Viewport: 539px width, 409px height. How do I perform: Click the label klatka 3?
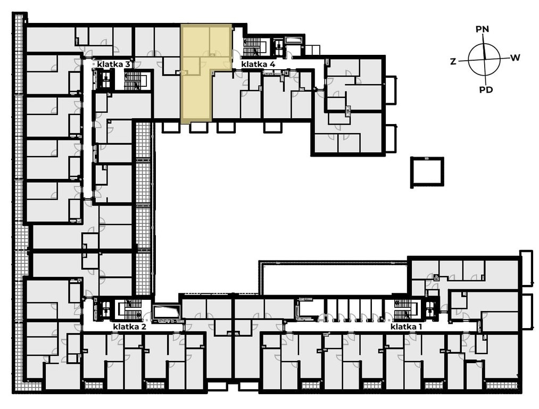[113, 64]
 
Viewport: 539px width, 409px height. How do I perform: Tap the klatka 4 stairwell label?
[258, 64]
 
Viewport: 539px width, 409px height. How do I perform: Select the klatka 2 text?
[130, 327]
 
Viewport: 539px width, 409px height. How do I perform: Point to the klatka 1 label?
[406, 327]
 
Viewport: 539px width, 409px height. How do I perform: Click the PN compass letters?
[482, 29]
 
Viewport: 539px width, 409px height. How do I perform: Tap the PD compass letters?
[486, 90]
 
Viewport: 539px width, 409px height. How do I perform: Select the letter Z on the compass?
[453, 62]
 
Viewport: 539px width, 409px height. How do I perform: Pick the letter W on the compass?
[515, 58]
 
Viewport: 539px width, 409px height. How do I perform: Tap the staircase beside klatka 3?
[136, 80]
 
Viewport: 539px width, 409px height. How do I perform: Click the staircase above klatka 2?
[130, 310]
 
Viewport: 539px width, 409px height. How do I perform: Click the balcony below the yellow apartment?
[198, 127]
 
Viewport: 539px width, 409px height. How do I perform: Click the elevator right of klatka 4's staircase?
[278, 46]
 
